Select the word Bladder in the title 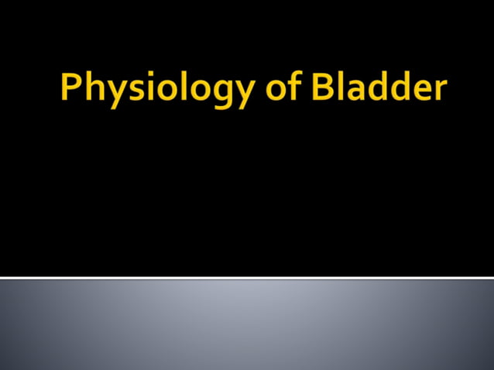tap(378, 89)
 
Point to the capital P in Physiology tap(71, 89)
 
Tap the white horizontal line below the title tap(247, 277)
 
